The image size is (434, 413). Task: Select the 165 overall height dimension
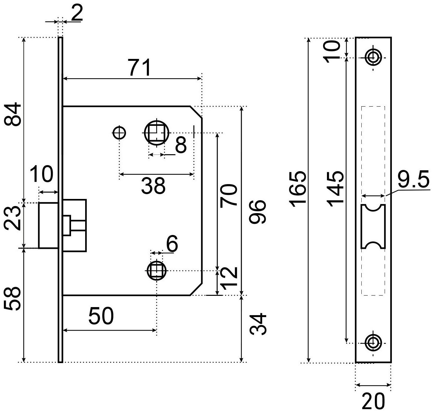[297, 188]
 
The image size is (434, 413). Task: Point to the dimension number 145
[335, 188]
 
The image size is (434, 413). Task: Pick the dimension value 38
[153, 186]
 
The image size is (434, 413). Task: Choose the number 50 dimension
[101, 316]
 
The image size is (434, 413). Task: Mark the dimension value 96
[258, 211]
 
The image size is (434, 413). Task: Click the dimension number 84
[13, 115]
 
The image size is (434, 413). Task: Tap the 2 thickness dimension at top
[77, 14]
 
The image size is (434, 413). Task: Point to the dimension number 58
[13, 299]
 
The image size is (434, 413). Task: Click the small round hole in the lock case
[119, 132]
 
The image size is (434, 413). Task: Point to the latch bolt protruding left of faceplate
[48, 225]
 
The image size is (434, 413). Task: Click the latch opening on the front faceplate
[373, 226]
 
